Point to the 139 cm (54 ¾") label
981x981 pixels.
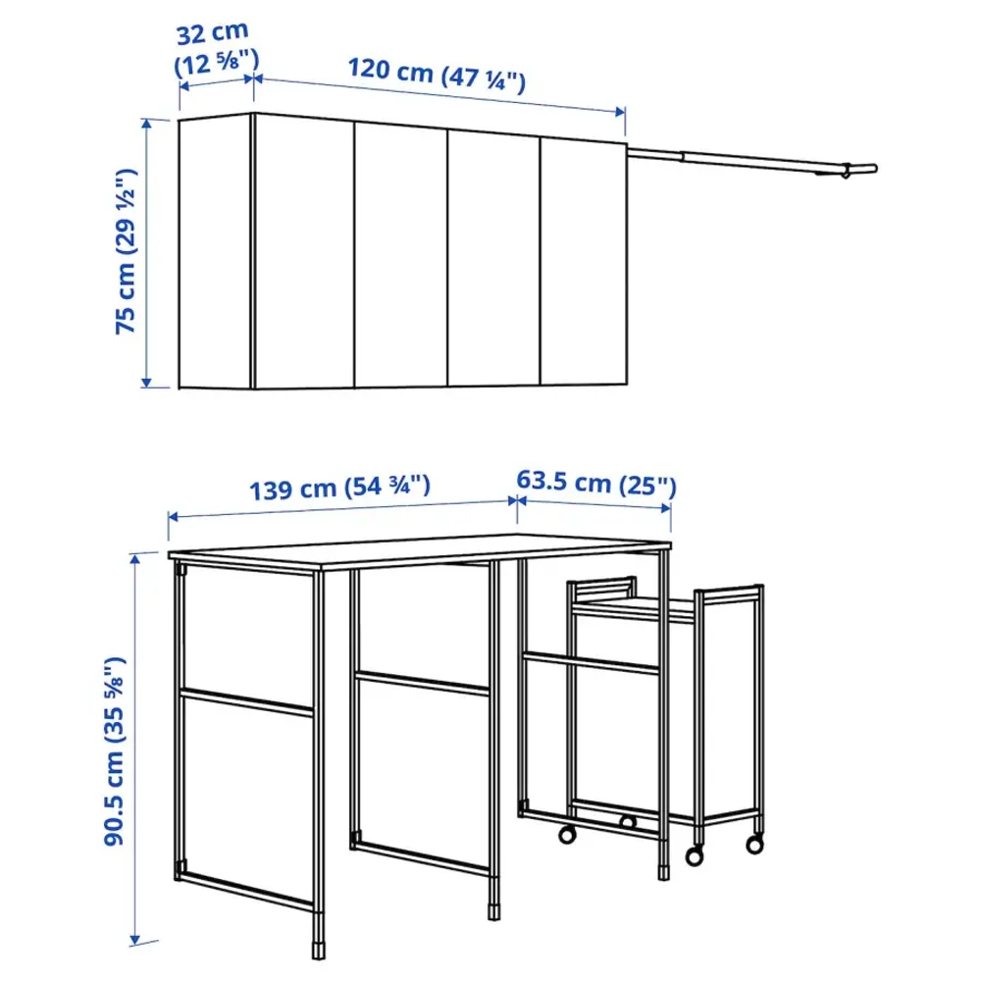[x=340, y=487]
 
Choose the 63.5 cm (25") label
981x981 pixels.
[x=596, y=484]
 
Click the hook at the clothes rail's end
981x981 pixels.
[x=844, y=172]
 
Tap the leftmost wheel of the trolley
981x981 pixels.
[x=566, y=835]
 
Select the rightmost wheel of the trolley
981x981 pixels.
[x=753, y=843]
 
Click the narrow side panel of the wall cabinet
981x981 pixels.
[x=216, y=251]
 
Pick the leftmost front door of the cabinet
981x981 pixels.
[x=303, y=252]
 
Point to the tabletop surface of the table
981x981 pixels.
[x=422, y=551]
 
